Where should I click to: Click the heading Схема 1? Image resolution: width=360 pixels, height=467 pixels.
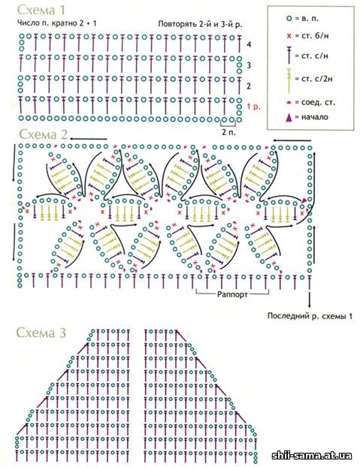(41, 10)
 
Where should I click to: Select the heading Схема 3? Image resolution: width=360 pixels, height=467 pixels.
(41, 333)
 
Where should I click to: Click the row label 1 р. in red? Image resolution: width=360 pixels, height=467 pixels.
(253, 107)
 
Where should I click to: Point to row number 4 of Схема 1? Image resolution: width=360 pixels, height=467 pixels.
(249, 44)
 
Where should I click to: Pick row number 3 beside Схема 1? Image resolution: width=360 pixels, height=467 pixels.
(249, 65)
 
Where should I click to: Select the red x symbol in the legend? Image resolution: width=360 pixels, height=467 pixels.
(289, 36)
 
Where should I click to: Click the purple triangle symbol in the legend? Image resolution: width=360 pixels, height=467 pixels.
(289, 118)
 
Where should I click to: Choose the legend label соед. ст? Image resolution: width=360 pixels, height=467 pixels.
(318, 102)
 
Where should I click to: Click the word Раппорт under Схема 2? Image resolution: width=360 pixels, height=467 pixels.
(232, 294)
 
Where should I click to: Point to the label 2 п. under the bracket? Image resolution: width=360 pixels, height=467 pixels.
(228, 132)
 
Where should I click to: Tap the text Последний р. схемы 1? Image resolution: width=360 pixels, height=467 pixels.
(310, 315)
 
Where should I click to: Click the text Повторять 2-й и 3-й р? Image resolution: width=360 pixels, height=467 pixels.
(200, 25)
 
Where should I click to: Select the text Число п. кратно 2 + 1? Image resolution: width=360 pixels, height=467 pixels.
(57, 23)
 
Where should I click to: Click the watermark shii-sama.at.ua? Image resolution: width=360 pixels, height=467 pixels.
(312, 456)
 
